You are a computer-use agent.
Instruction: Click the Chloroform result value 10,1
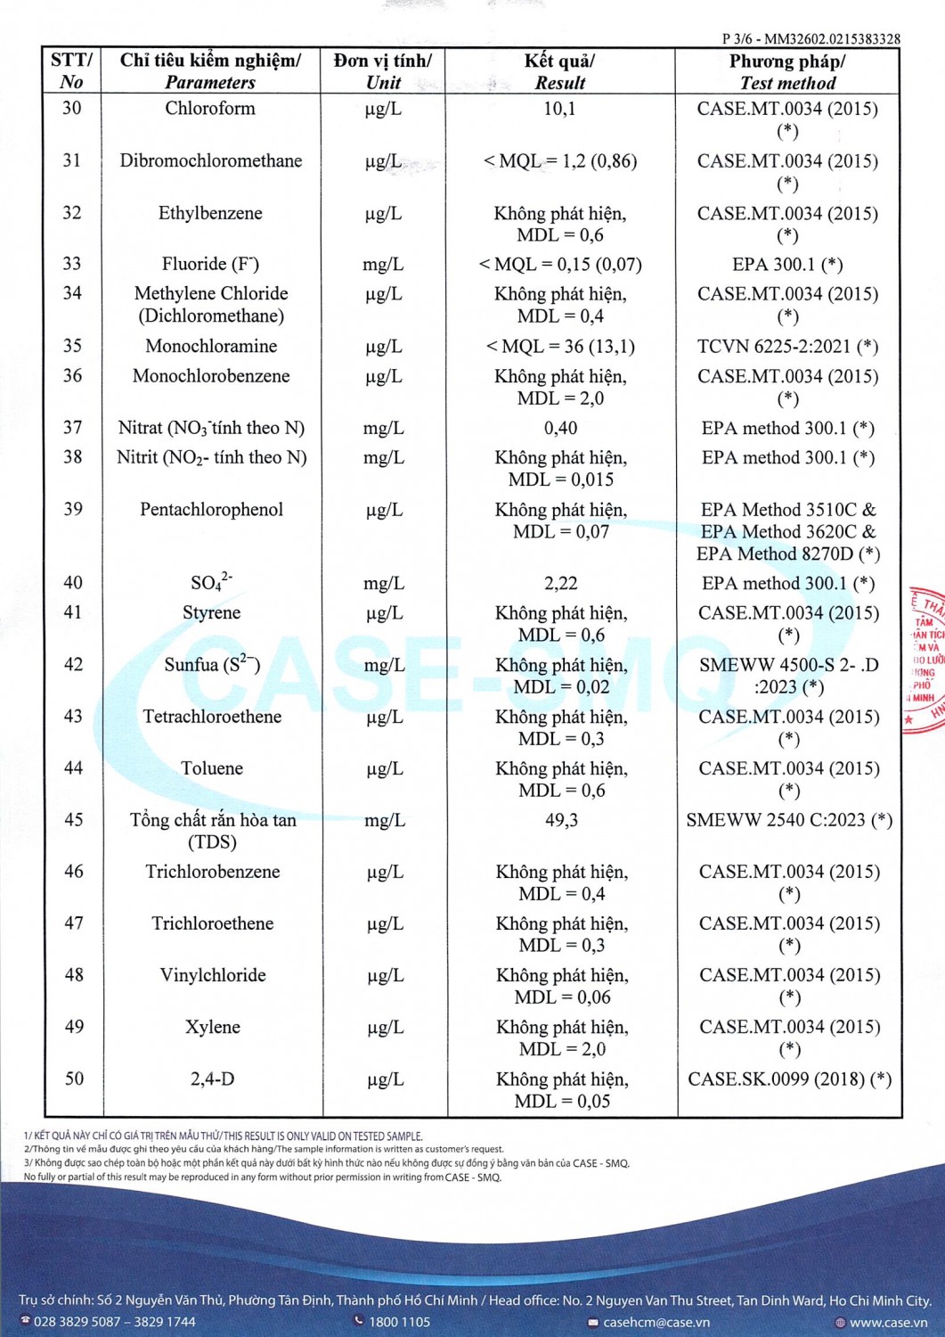tap(559, 109)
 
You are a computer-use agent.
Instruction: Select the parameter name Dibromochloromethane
tap(211, 161)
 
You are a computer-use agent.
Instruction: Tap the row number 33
tap(72, 264)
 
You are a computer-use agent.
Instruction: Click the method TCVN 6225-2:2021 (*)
tap(787, 347)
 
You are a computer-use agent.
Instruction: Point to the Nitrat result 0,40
tap(560, 429)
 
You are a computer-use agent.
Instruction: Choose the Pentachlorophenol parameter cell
tap(211, 510)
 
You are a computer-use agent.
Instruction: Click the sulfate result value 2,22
tap(560, 584)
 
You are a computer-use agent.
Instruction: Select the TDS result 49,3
tap(561, 820)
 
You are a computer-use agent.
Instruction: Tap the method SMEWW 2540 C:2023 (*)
tap(788, 820)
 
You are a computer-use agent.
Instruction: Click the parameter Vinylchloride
tap(213, 975)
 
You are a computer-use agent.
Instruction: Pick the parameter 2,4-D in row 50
tap(213, 1079)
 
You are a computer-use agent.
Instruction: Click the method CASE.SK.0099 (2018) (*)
tap(789, 1079)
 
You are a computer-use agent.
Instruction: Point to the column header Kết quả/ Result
tap(559, 71)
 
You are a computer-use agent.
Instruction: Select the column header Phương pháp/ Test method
tap(787, 71)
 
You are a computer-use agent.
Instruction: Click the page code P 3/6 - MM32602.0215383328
tap(811, 39)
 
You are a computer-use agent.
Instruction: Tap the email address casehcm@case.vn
tap(656, 1322)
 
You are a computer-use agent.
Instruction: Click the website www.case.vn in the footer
tap(887, 1322)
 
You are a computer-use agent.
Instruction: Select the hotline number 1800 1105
tap(399, 1322)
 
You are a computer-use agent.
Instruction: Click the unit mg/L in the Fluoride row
tap(383, 265)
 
